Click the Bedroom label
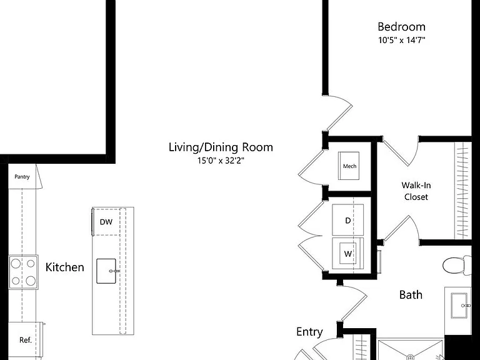click(x=402, y=27)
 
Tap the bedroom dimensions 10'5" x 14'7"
click(x=402, y=40)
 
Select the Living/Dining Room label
click(x=221, y=147)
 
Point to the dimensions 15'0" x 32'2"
click(x=221, y=161)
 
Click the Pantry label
click(x=22, y=177)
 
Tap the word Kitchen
click(x=64, y=267)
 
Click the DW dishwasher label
click(x=106, y=222)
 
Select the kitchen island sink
click(x=106, y=271)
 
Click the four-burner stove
click(x=24, y=272)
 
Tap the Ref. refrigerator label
click(x=26, y=340)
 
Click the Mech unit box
click(x=349, y=166)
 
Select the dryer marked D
click(x=347, y=220)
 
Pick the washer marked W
click(x=347, y=254)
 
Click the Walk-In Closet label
click(x=416, y=191)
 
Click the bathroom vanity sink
click(x=460, y=306)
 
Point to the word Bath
click(x=411, y=294)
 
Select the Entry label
click(x=309, y=332)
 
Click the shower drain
click(x=410, y=357)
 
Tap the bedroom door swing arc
click(x=343, y=99)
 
